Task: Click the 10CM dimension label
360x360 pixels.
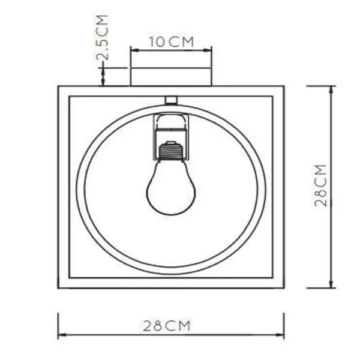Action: [x=171, y=42]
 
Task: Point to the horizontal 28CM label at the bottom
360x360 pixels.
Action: [x=166, y=326]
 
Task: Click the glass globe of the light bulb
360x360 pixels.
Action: [x=171, y=189]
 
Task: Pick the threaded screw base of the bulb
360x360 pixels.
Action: [x=171, y=149]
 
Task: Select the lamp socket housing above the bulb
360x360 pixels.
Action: [x=171, y=127]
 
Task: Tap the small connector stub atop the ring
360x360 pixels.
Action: [x=171, y=100]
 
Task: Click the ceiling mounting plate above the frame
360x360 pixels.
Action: [x=171, y=77]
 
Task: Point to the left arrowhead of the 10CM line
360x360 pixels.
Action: [x=133, y=50]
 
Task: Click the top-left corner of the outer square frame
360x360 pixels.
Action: [x=59, y=87]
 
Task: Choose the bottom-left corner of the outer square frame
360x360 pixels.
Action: [x=59, y=288]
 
